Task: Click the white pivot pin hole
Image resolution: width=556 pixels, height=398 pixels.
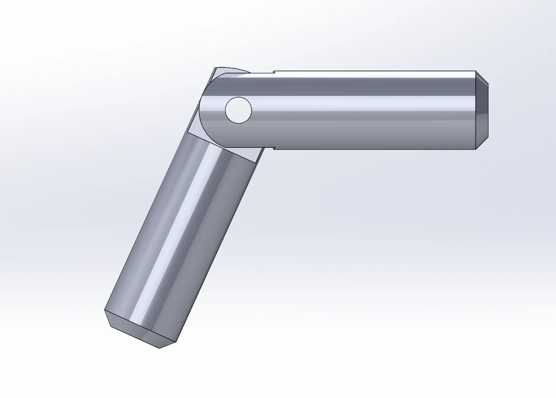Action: coord(238,110)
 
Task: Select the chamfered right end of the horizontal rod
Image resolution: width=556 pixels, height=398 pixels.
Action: coord(483,110)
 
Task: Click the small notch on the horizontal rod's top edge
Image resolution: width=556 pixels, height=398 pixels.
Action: coord(274,72)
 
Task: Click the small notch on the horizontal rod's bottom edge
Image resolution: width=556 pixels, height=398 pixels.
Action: coord(274,148)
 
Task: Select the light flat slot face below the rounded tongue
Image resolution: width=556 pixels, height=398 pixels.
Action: coord(226,150)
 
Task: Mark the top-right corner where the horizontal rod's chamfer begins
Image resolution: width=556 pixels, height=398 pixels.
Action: coord(476,71)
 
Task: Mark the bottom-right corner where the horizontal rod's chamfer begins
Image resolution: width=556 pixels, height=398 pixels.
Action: coord(476,149)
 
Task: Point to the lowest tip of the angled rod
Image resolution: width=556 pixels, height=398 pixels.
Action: coord(160,349)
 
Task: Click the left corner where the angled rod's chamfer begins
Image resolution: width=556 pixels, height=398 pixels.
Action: coord(105,310)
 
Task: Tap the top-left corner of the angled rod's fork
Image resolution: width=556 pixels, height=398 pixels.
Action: coord(215,68)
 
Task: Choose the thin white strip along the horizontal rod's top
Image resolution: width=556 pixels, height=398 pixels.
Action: coord(374,74)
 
